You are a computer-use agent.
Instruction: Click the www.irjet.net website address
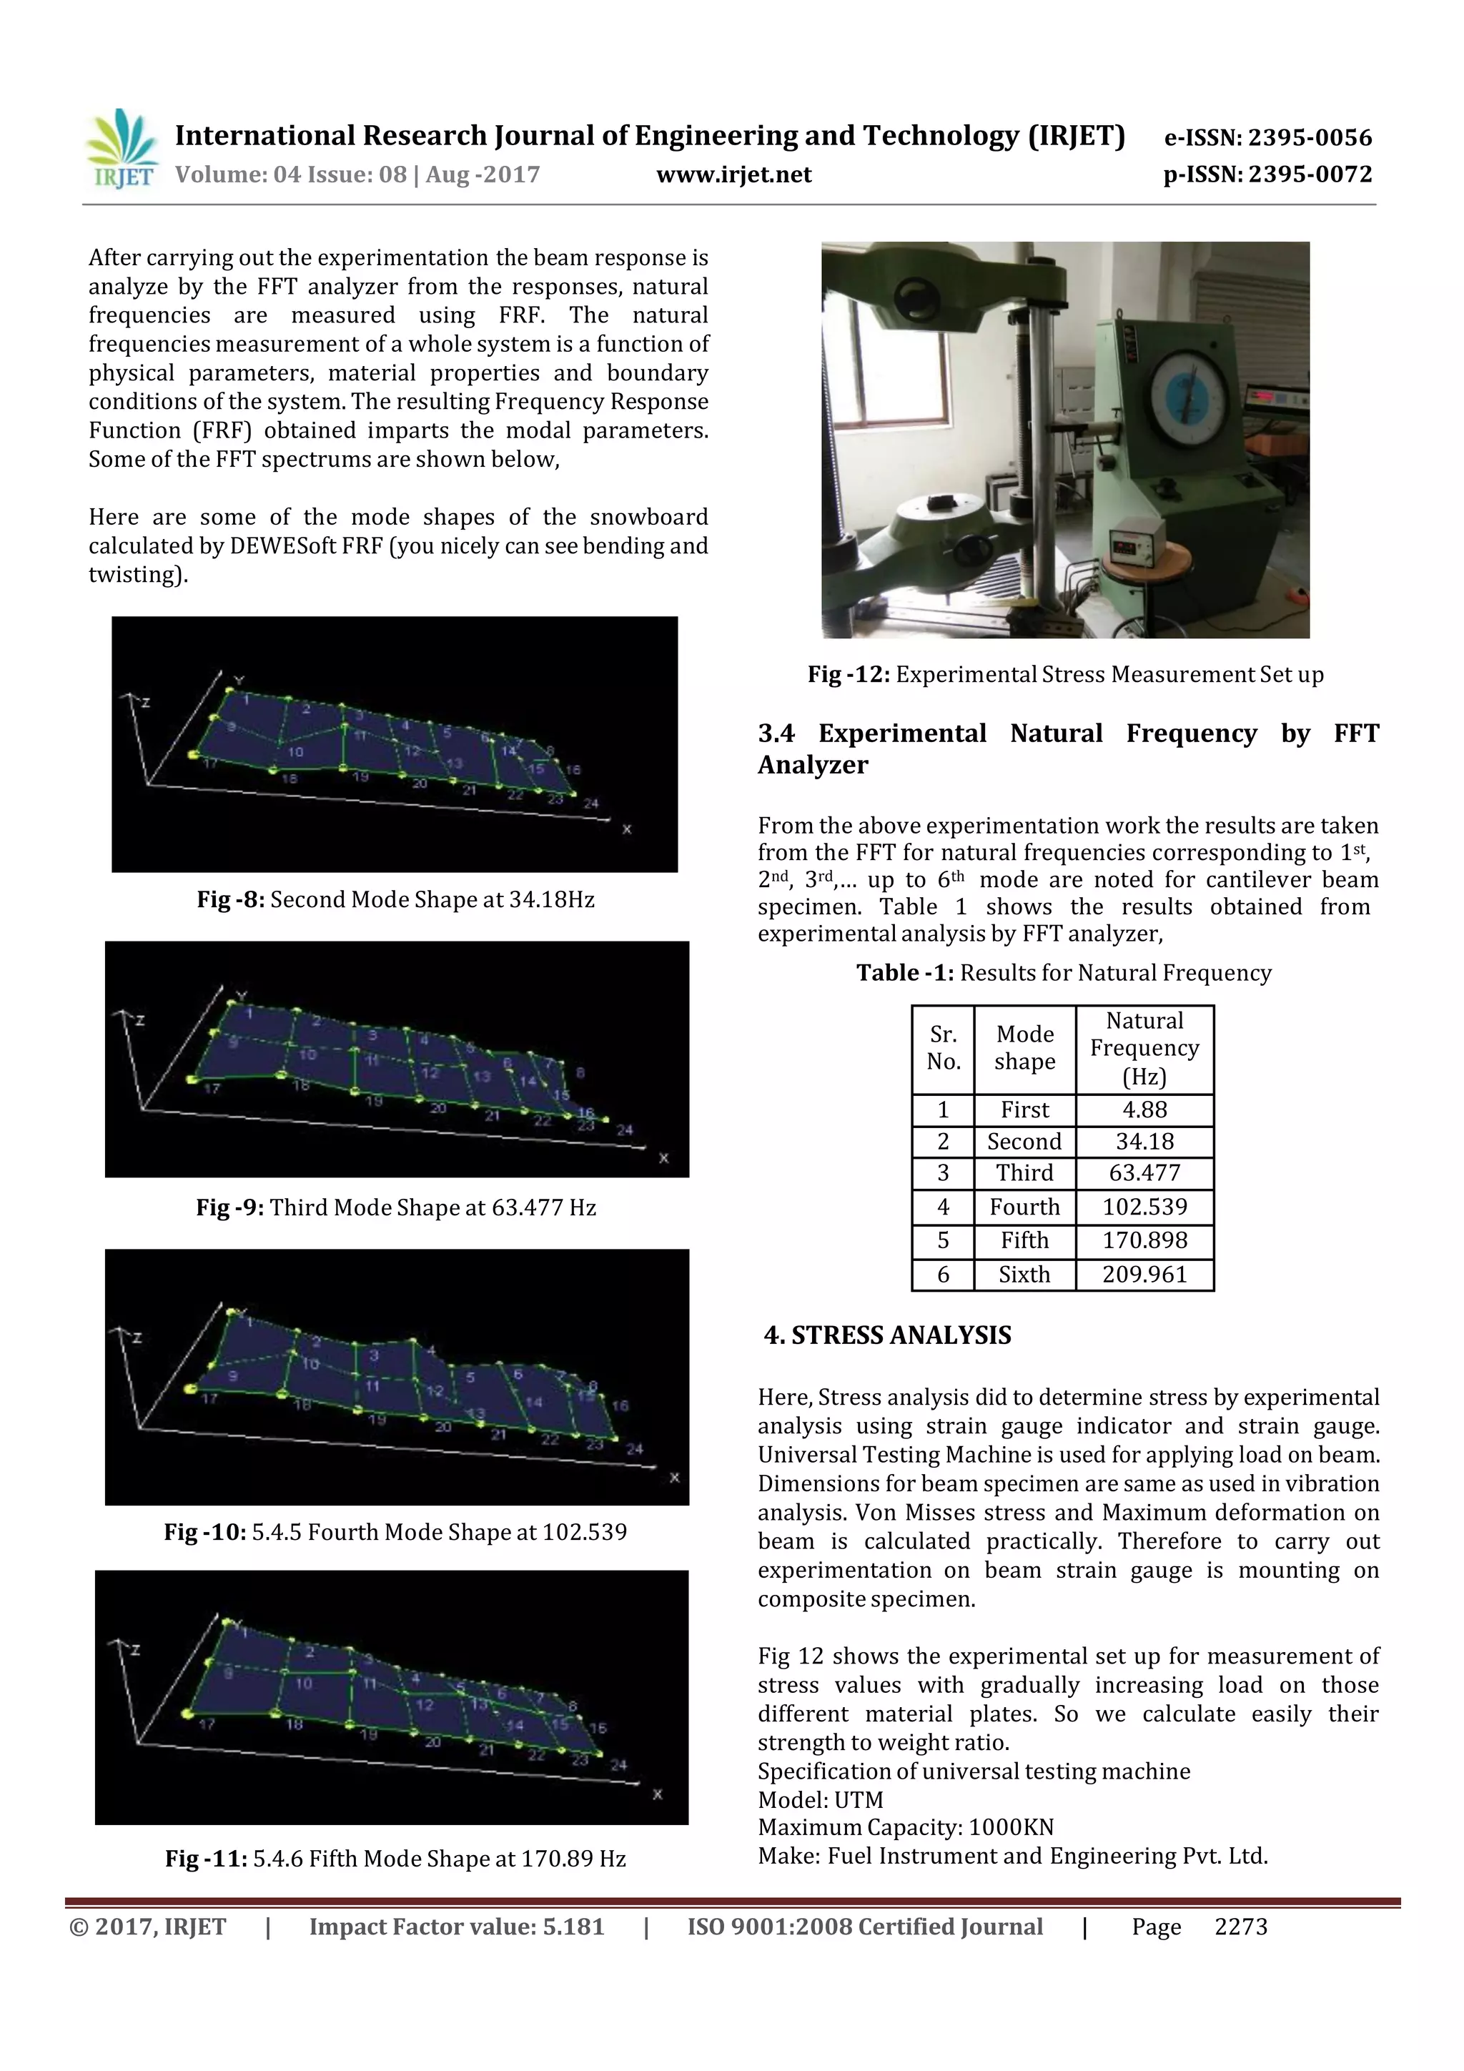pyautogui.click(x=733, y=175)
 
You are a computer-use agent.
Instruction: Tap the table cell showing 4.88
pyautogui.click(x=1144, y=1109)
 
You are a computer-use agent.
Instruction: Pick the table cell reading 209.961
pyautogui.click(x=1144, y=1275)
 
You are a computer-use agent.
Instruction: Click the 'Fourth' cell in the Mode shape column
pyautogui.click(x=1024, y=1207)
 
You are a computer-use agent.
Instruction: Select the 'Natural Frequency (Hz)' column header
pyautogui.click(x=1144, y=1048)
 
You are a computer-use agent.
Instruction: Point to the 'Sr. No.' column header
pyautogui.click(x=943, y=1048)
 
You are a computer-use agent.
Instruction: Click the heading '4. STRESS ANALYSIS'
pyautogui.click(x=888, y=1335)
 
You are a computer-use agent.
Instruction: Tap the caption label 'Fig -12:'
pyautogui.click(x=848, y=675)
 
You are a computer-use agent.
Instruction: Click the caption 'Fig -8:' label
pyautogui.click(x=230, y=899)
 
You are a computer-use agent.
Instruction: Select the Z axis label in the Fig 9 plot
pyautogui.click(x=140, y=1020)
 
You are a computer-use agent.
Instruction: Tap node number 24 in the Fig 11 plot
pyautogui.click(x=619, y=1764)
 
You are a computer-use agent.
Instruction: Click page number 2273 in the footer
pyautogui.click(x=1240, y=1927)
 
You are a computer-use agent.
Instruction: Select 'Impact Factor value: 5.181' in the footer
pyautogui.click(x=457, y=1927)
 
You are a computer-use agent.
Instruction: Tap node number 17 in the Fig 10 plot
pyautogui.click(x=209, y=1399)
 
